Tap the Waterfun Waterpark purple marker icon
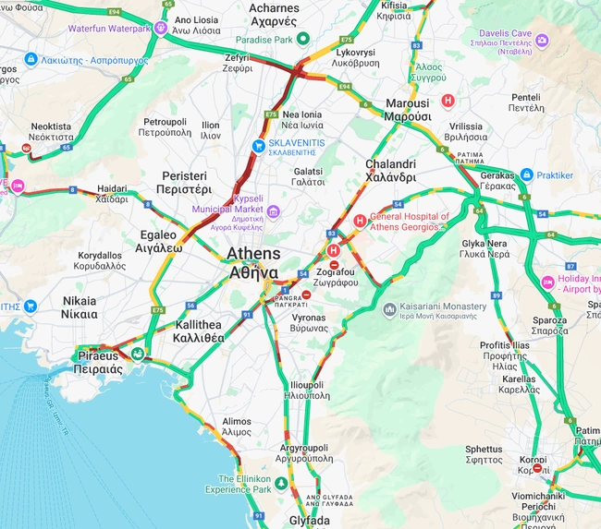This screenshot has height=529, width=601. tap(162, 29)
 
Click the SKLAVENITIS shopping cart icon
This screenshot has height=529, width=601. tap(260, 146)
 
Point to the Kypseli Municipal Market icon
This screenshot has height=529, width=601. tap(274, 213)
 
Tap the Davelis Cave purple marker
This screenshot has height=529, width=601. tap(542, 41)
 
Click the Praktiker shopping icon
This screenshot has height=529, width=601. tap(526, 174)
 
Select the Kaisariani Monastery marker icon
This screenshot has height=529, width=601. tap(389, 310)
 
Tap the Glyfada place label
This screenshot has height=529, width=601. tap(309, 521)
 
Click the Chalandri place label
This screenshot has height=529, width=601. tap(390, 171)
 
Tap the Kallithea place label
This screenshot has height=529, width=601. tap(197, 331)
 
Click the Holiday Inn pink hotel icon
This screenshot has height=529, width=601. tap(547, 282)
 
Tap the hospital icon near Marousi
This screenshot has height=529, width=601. tap(448, 100)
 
